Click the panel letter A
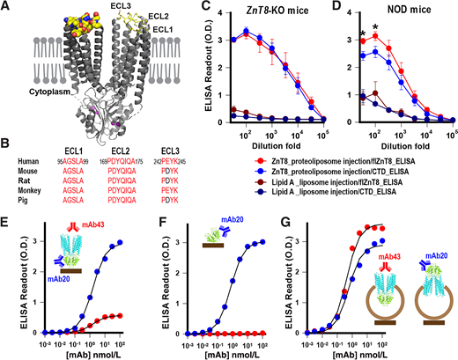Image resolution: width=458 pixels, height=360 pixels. point(7,7)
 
